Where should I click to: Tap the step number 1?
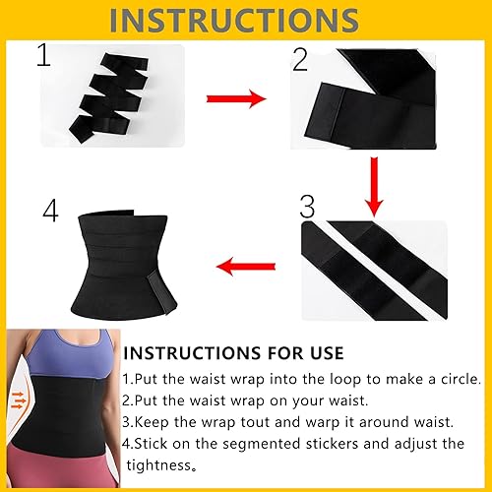point(42,57)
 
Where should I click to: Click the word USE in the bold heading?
point(319,352)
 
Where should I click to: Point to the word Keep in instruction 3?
point(153,422)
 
